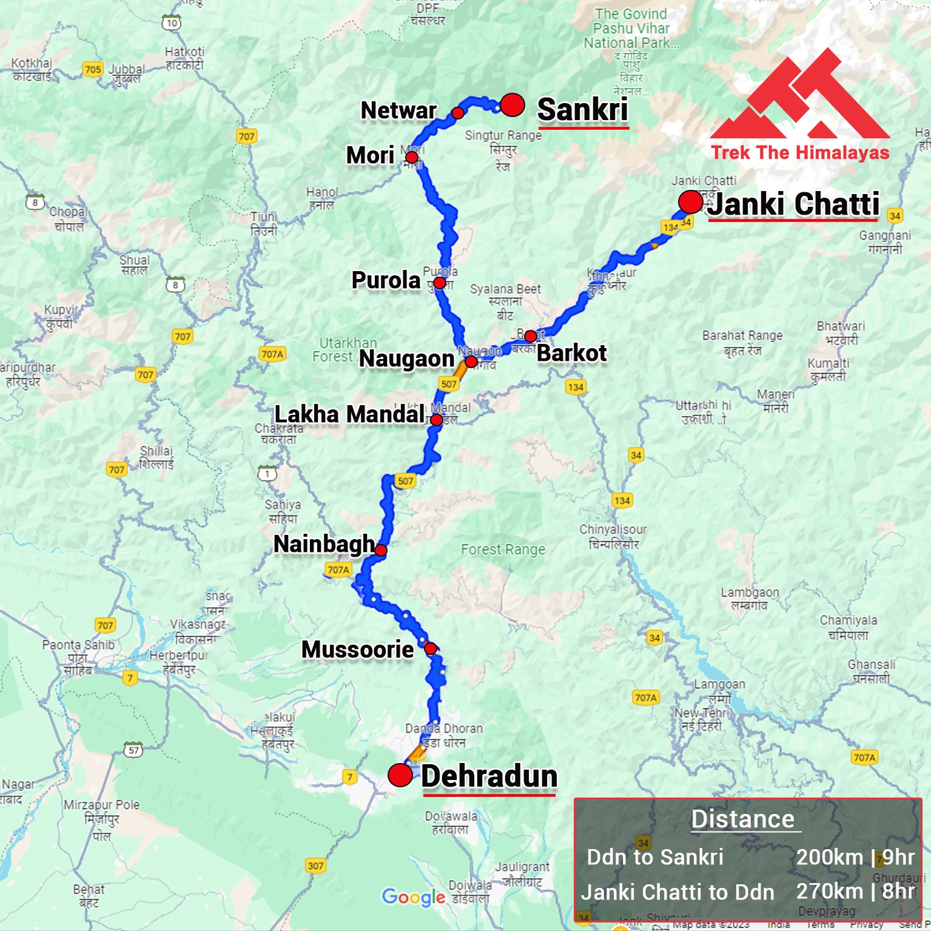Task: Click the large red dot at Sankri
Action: (513, 105)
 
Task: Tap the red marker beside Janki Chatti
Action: (690, 202)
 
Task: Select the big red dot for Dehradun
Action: (400, 775)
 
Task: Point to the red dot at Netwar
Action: (458, 113)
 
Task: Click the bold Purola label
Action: (386, 280)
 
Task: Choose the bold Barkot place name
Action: (572, 353)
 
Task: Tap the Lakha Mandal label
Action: (349, 414)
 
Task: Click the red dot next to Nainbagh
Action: (381, 550)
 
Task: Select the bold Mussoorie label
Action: (358, 650)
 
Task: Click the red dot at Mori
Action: (412, 158)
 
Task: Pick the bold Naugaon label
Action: (407, 358)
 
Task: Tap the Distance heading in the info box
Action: (743, 819)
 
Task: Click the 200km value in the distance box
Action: (829, 857)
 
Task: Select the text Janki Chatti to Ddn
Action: (677, 892)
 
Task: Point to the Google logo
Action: (414, 897)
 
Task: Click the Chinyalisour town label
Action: (613, 536)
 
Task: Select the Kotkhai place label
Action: (32, 69)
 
